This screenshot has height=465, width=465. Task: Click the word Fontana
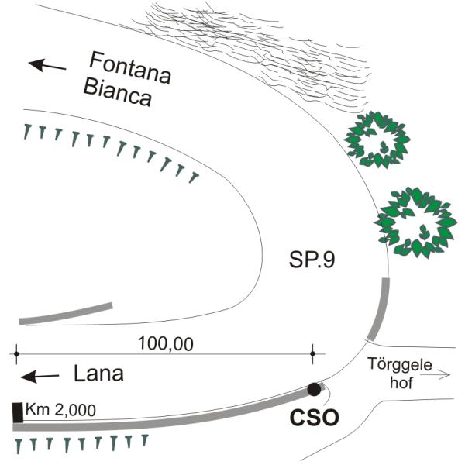click(x=129, y=64)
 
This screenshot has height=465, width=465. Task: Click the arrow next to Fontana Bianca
click(x=47, y=65)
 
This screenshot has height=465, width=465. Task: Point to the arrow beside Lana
click(x=40, y=377)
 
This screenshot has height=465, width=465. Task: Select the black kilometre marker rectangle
click(x=18, y=412)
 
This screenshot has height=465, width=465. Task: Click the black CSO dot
click(x=314, y=388)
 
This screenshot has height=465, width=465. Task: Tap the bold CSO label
click(x=315, y=418)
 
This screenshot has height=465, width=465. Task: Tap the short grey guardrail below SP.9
click(x=65, y=312)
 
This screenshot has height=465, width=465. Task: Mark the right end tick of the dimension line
click(x=312, y=354)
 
